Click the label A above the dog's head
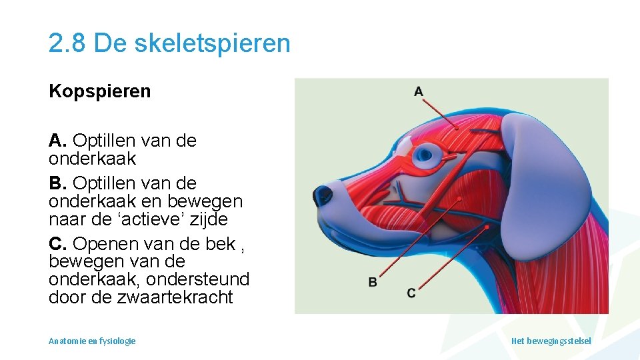418,91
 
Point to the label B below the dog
373,282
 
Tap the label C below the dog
411,293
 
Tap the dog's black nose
323,194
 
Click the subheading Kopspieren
100,91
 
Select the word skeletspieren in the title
213,43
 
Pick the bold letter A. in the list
58,141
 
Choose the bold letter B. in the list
58,183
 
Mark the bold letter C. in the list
58,244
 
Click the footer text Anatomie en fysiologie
92,341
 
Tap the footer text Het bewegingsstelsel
551,341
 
